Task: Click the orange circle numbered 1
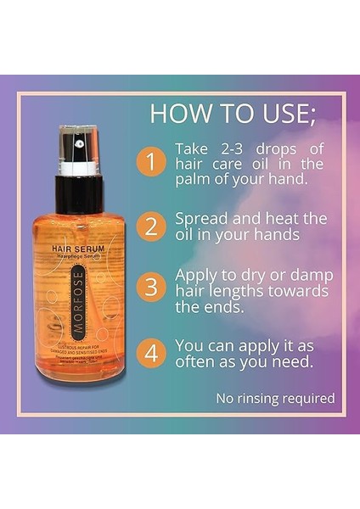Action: tap(150, 162)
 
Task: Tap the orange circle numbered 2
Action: tap(150, 227)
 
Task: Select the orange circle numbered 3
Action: tap(150, 287)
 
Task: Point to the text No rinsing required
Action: tap(275, 398)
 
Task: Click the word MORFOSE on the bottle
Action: tap(78, 301)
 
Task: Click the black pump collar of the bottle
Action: tap(78, 194)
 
